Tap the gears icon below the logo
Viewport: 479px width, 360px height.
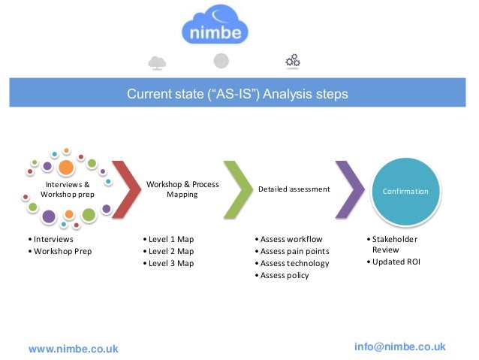(293, 61)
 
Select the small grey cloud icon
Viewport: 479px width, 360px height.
(158, 62)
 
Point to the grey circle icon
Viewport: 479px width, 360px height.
(221, 61)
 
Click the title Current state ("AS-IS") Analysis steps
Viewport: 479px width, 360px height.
(236, 95)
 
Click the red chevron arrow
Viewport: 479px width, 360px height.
(126, 189)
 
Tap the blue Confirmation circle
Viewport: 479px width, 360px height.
(405, 192)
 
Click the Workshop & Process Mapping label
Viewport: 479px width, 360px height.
(182, 189)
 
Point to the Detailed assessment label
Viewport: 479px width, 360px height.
(294, 189)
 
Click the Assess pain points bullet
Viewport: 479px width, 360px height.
(294, 251)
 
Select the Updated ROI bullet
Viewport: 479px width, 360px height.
(396, 262)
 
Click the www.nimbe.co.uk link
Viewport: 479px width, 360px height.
(73, 349)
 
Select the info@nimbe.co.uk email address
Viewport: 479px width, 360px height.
(399, 346)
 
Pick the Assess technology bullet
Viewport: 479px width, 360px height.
(294, 263)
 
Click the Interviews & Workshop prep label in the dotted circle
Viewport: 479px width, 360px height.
(68, 189)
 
